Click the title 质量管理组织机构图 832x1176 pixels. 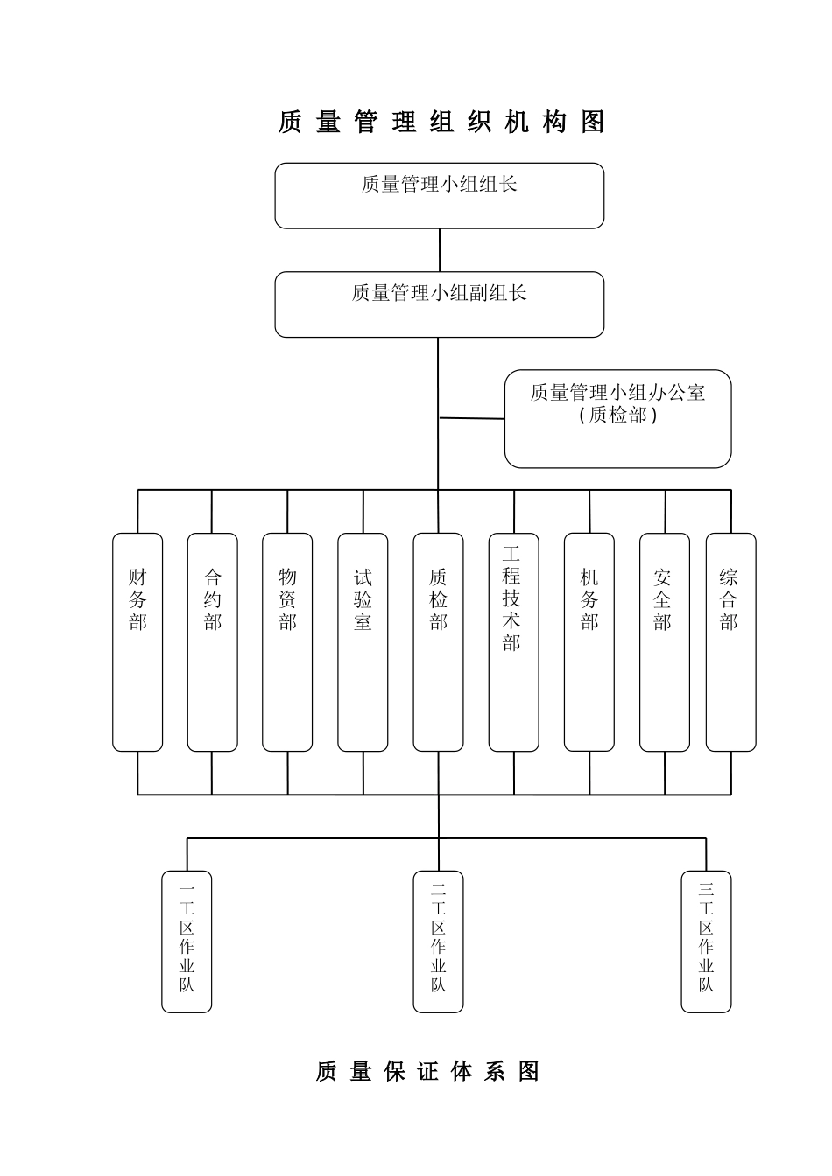tap(441, 122)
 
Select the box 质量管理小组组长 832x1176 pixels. tap(440, 195)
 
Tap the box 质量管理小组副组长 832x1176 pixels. tap(440, 304)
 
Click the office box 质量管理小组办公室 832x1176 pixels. tap(617, 418)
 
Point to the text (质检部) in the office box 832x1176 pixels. tap(617, 415)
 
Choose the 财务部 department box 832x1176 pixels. tap(137, 641)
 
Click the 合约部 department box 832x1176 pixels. tap(213, 641)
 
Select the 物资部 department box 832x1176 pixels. tap(287, 641)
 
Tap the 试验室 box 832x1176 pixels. tap(363, 641)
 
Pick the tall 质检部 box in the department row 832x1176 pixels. tap(438, 641)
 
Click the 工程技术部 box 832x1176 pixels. tap(513, 641)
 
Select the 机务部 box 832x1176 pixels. tap(589, 641)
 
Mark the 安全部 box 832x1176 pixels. tap(664, 641)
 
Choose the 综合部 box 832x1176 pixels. tap(730, 641)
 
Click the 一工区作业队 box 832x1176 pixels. tap(187, 941)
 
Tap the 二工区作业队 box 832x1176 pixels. tap(438, 941)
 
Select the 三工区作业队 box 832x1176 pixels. tap(706, 941)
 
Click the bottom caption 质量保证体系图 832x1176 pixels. tap(427, 1071)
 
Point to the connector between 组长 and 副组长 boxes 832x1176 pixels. tap(440, 250)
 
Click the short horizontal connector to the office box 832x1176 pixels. tap(472, 418)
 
